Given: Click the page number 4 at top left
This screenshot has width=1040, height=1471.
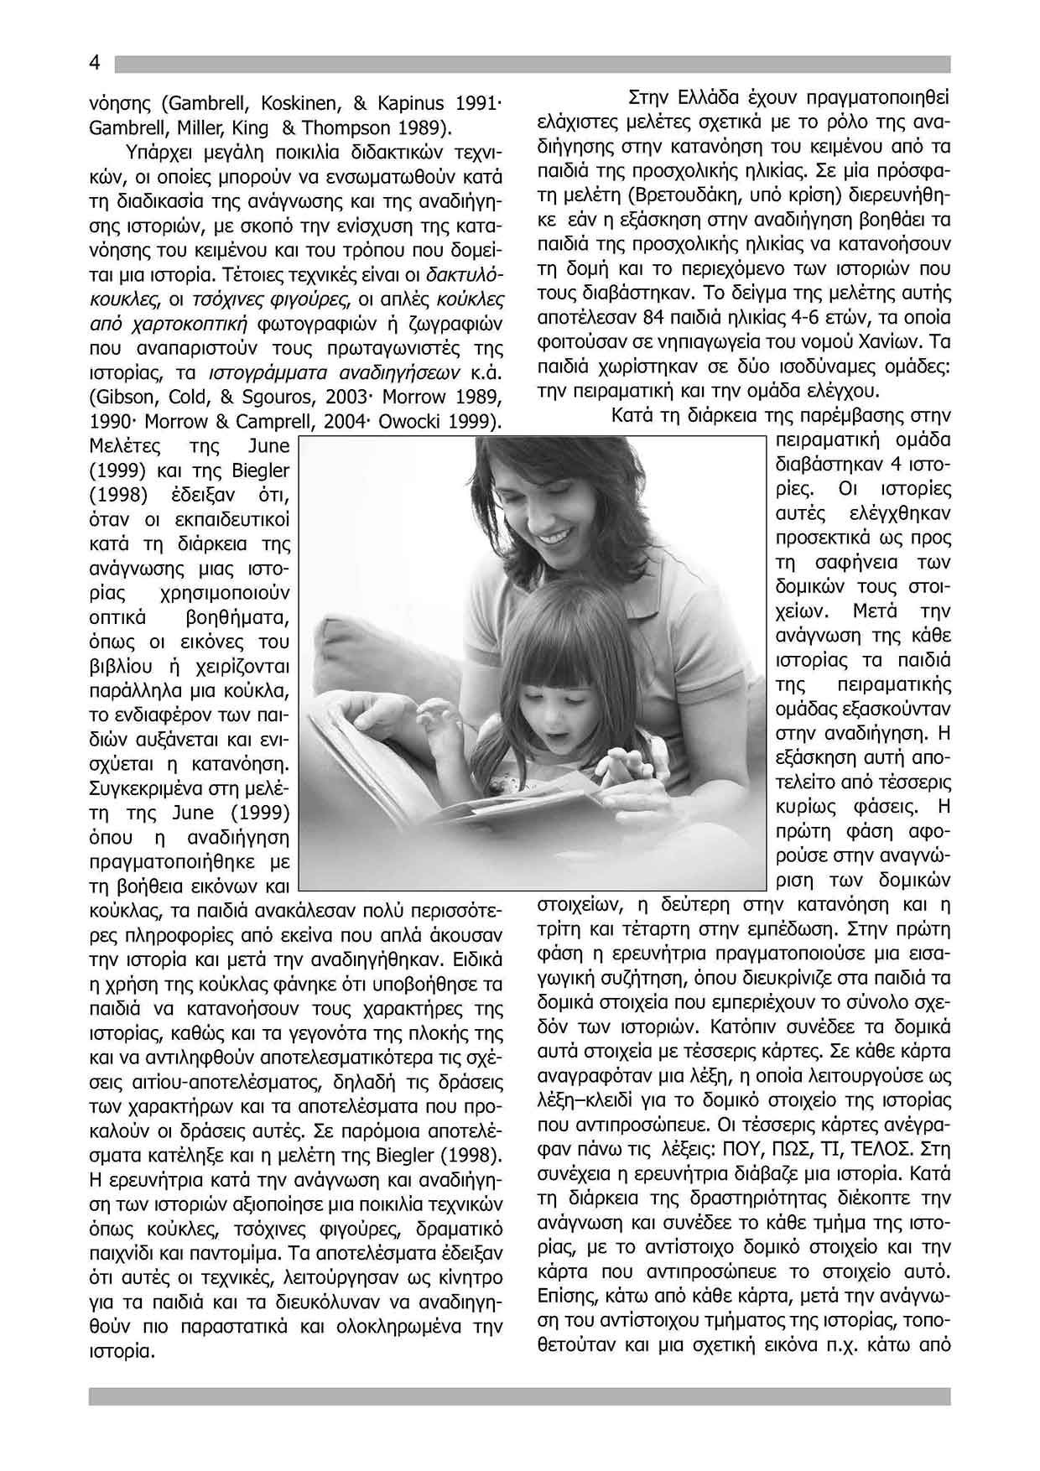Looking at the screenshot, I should tap(95, 64).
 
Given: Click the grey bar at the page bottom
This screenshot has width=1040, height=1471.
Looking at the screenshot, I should tap(519, 1396).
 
